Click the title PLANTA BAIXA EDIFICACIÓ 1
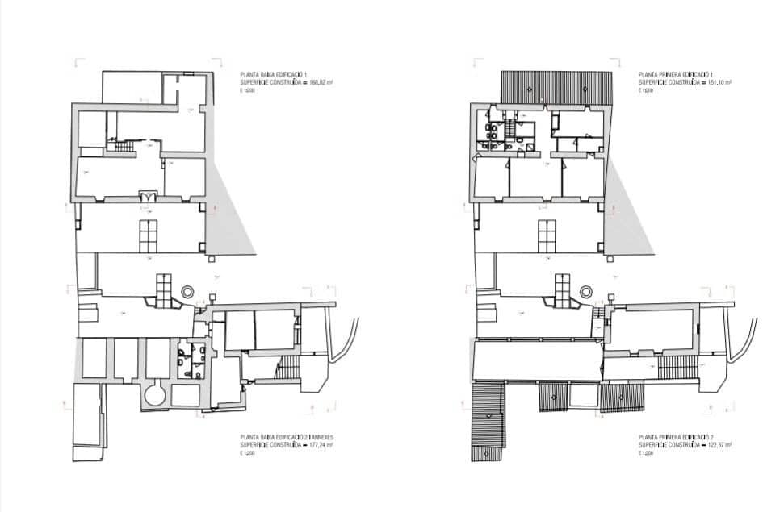(x=272, y=74)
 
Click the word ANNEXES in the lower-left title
(x=321, y=437)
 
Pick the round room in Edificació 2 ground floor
(x=153, y=395)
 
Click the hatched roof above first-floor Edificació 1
(x=556, y=87)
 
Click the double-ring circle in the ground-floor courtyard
(x=187, y=292)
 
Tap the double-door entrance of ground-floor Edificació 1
(x=147, y=196)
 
